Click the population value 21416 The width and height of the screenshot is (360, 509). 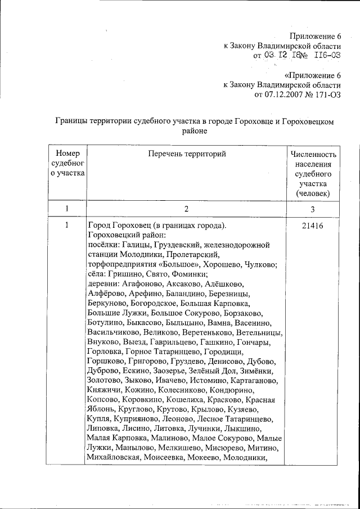[313, 226]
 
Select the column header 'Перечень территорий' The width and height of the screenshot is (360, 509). [187, 154]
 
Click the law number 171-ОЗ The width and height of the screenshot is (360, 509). [327, 94]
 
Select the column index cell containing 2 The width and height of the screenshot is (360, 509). [187, 208]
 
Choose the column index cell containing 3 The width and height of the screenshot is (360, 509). [313, 208]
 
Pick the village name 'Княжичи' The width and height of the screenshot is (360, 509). [105, 390]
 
